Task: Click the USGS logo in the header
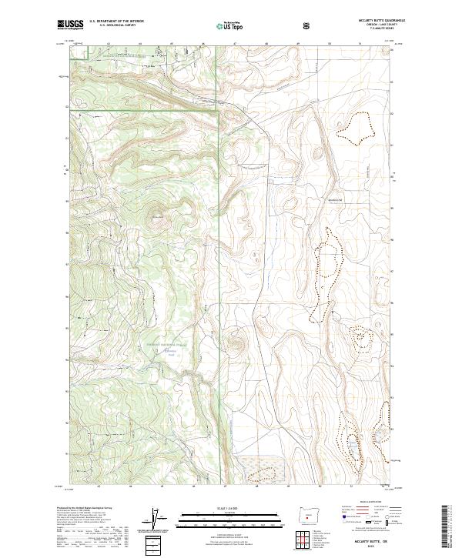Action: pyautogui.click(x=70, y=25)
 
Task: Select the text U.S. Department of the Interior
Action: pyautogui.click(x=116, y=22)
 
